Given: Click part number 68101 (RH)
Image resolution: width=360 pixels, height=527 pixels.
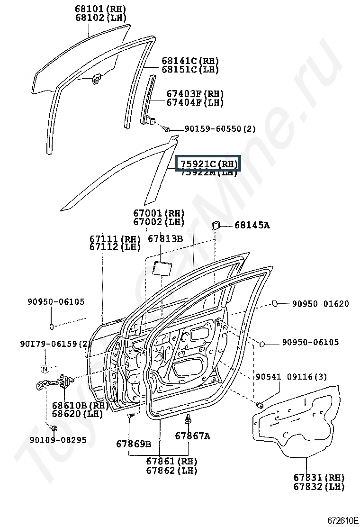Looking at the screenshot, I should [x=101, y=9].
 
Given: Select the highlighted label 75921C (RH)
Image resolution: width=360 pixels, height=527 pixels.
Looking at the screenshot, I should [x=208, y=164].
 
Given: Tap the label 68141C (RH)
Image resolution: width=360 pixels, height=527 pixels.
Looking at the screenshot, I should [x=190, y=61].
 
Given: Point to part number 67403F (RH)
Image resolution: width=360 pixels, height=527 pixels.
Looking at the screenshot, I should [x=195, y=94].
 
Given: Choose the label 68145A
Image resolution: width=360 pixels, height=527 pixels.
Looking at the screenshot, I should [x=252, y=225].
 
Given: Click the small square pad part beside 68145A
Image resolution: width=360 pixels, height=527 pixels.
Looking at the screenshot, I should [x=216, y=225].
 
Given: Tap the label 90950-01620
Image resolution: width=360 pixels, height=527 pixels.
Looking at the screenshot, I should [x=320, y=304].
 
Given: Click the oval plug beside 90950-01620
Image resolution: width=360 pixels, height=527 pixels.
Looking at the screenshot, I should [x=277, y=303].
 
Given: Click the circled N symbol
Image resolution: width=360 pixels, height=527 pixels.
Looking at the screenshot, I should [x=45, y=369].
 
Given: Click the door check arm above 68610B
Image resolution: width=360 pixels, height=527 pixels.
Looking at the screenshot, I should [x=54, y=382].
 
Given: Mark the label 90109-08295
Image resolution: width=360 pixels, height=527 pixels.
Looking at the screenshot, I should [x=58, y=440].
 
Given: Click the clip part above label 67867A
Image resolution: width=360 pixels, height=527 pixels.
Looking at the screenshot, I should [x=189, y=419].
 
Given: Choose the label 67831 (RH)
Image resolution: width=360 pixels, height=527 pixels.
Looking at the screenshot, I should [x=319, y=478].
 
